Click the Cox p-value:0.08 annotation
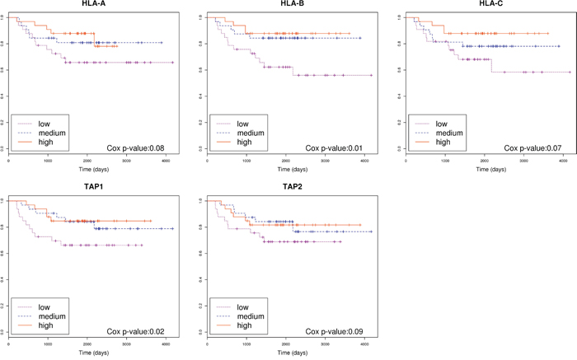tap(136, 147)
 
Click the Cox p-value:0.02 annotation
tap(136, 331)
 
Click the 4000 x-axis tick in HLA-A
tap(166, 160)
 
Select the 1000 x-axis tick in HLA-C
tap(445, 160)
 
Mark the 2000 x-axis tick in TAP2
tap(285, 344)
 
